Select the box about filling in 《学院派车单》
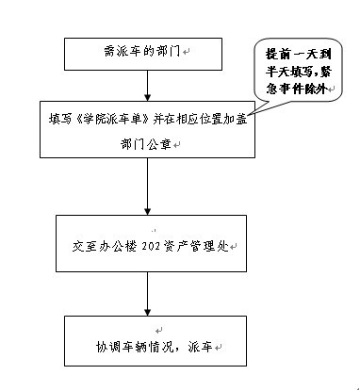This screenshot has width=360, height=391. click(147, 130)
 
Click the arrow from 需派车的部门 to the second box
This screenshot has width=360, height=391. click(147, 86)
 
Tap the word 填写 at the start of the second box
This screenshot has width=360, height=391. click(58, 117)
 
